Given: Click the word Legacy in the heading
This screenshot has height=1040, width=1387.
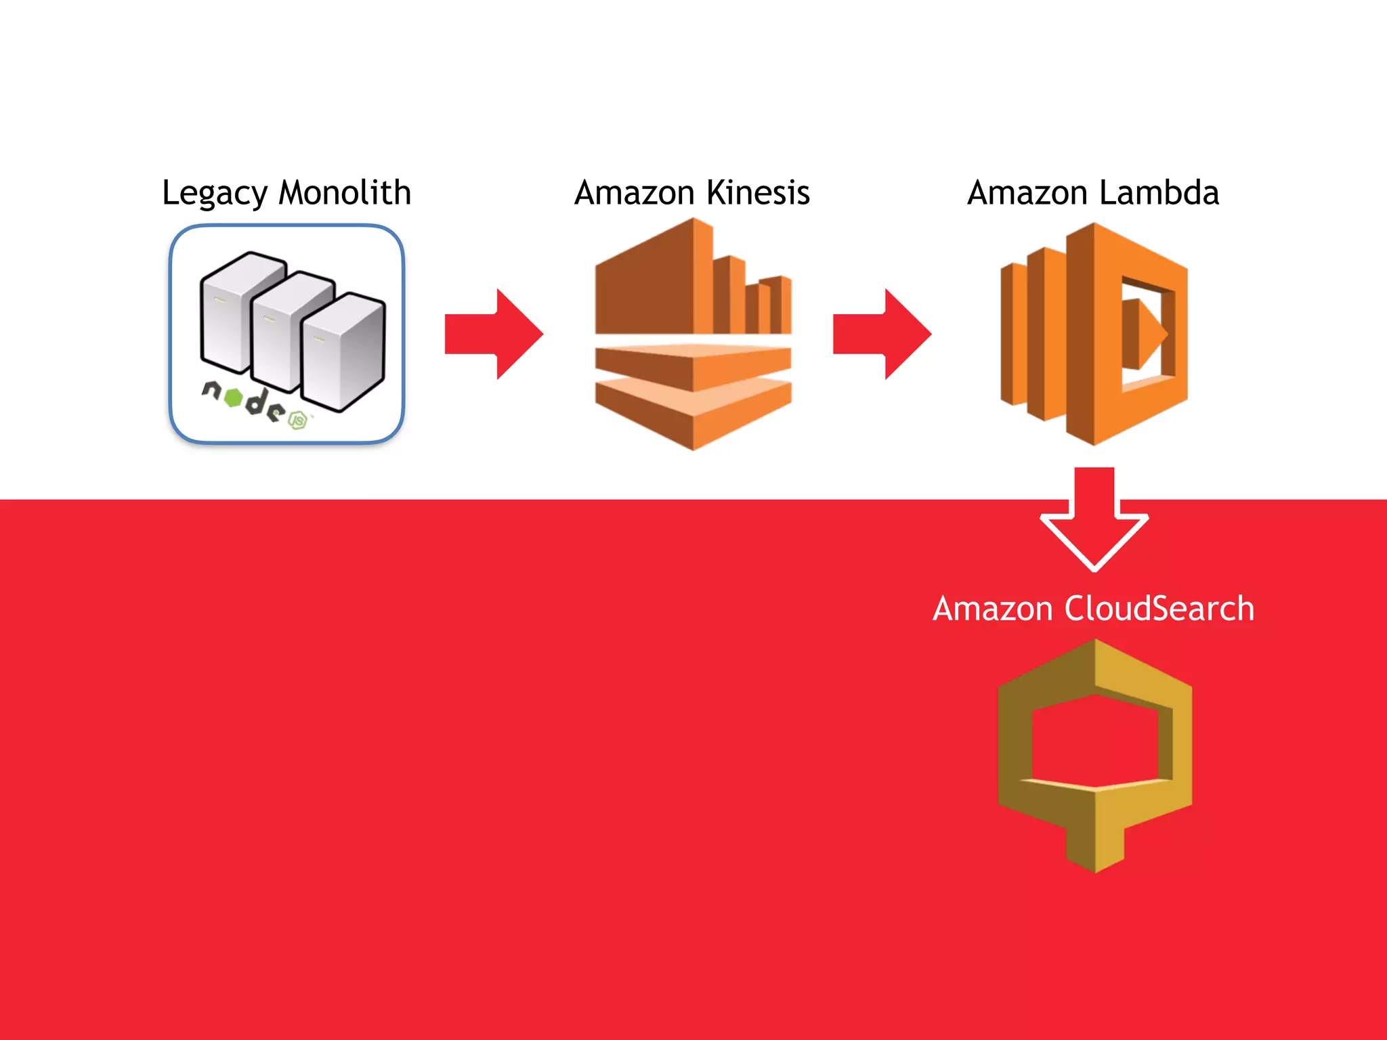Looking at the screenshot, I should click(x=214, y=194).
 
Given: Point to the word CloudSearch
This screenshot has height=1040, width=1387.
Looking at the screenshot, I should click(x=1159, y=608).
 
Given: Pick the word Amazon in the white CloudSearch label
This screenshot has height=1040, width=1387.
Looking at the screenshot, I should click(x=992, y=608).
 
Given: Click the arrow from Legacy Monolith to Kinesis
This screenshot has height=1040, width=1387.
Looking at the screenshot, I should click(x=494, y=334).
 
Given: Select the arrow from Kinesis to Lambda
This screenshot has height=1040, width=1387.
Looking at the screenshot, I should click(x=882, y=334).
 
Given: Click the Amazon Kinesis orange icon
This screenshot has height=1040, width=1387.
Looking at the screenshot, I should click(x=693, y=334).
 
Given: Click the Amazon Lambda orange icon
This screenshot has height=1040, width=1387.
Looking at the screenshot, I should click(x=1094, y=334).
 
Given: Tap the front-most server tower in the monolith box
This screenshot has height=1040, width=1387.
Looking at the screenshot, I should click(x=343, y=352).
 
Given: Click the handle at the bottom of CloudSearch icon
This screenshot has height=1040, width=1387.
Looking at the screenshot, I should click(x=1095, y=843).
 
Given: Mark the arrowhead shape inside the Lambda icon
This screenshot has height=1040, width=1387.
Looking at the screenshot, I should click(x=1145, y=334).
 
